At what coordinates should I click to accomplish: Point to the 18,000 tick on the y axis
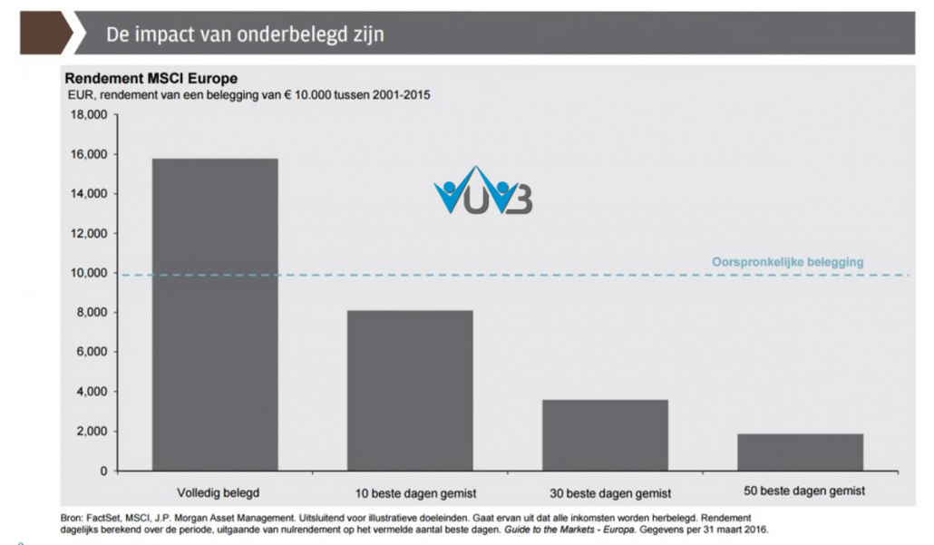(x=89, y=115)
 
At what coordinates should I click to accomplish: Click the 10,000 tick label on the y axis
(x=89, y=273)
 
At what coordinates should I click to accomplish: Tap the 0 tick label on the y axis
(x=103, y=471)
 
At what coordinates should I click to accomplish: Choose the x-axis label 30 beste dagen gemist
(x=609, y=493)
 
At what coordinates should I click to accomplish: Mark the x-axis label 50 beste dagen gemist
(x=804, y=491)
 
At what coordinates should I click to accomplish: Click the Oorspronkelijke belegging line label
(x=787, y=262)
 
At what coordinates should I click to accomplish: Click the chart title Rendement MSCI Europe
(x=151, y=79)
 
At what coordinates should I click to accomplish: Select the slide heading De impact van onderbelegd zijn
(x=245, y=34)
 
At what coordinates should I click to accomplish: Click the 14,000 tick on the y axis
(x=89, y=194)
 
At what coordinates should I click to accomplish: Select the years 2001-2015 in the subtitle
(x=402, y=94)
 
